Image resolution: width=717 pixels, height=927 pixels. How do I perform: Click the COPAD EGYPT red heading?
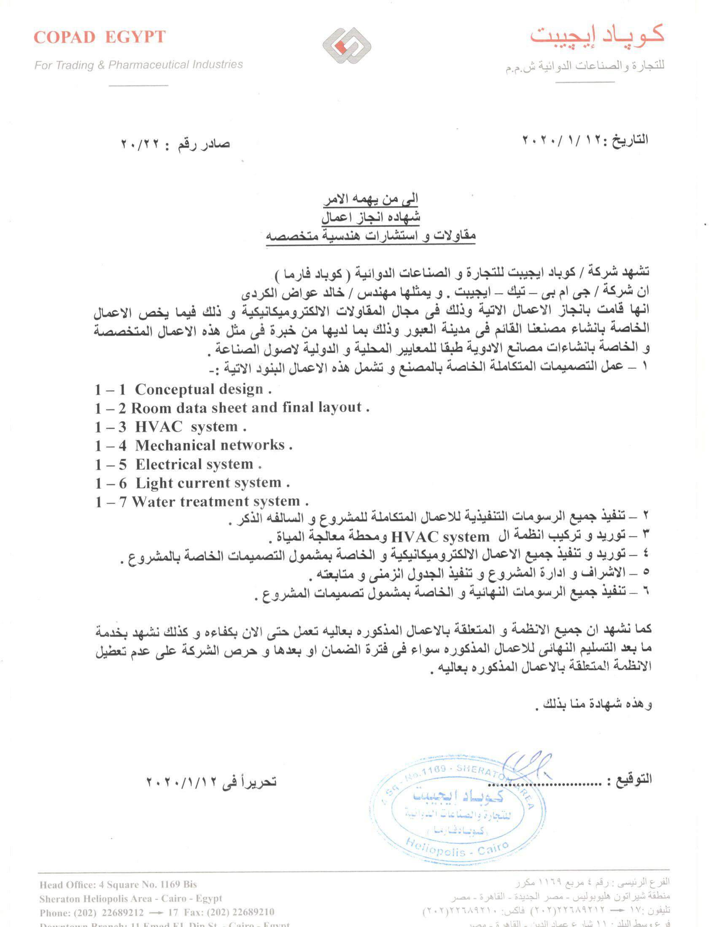pos(100,38)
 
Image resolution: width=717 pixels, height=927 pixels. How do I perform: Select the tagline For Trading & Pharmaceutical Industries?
pos(138,65)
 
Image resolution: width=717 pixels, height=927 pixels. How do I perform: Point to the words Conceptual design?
pos(199,389)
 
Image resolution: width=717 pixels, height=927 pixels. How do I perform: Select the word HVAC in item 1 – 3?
pos(159,426)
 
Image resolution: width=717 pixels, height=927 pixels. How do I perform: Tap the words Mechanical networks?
pos(210,445)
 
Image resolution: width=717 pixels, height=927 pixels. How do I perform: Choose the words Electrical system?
pos(194,464)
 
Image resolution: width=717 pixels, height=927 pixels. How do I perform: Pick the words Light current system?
pos(208,483)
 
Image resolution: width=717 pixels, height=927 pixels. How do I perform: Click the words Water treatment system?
pos(216,502)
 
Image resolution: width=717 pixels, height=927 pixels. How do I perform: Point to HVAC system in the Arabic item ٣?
pos(440,537)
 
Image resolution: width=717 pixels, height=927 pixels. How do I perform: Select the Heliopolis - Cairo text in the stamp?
pos(457,849)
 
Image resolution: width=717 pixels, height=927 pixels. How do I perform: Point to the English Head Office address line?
pos(118,884)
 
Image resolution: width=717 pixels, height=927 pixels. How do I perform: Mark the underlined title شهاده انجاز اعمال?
pos(370,217)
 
